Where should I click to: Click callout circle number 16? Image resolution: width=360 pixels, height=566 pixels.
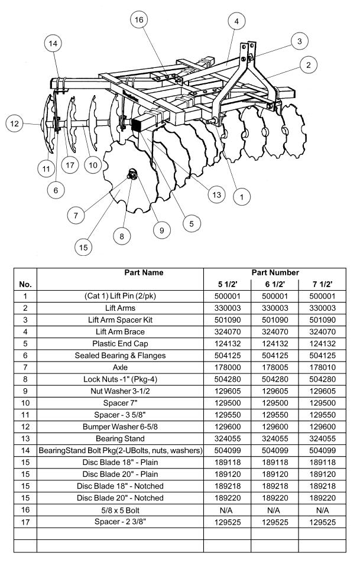pyautogui.click(x=139, y=21)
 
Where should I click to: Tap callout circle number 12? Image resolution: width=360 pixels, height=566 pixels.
pyautogui.click(x=15, y=123)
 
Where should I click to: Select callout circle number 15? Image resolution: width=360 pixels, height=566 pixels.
pyautogui.click(x=83, y=246)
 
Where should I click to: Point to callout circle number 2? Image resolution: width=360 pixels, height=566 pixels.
pyautogui.click(x=307, y=65)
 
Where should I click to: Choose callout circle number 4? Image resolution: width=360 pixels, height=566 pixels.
pyautogui.click(x=236, y=21)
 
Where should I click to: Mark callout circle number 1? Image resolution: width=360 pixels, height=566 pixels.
pyautogui.click(x=241, y=194)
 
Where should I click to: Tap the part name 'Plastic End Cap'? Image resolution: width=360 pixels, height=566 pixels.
pyautogui.click(x=120, y=343)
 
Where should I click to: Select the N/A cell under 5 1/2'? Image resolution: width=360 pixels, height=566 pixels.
pyautogui.click(x=227, y=510)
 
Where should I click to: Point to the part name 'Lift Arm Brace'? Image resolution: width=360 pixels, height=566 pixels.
pyautogui.click(x=120, y=331)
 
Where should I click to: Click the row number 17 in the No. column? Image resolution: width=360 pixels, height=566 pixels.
pyautogui.click(x=25, y=522)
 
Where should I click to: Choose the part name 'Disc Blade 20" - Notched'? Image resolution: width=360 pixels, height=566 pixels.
pyautogui.click(x=120, y=498)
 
